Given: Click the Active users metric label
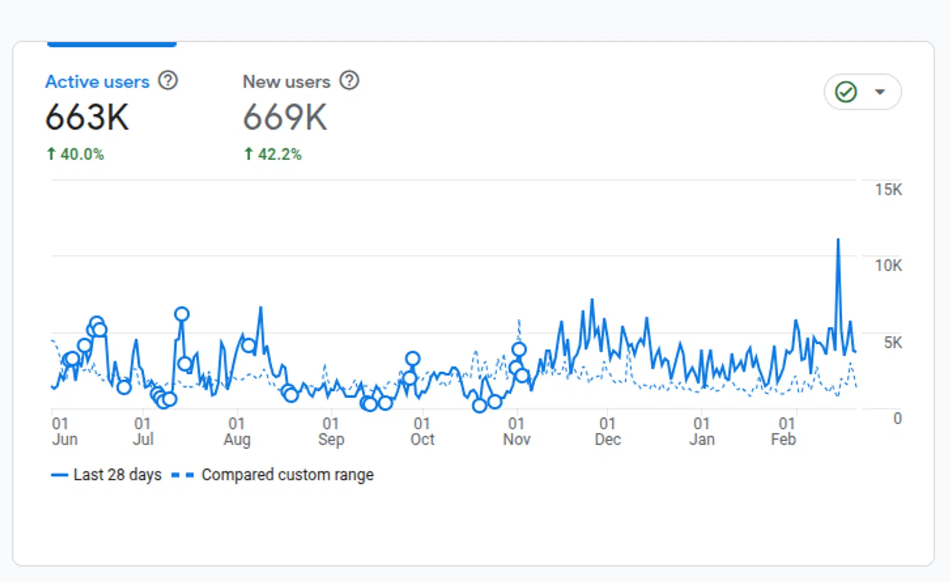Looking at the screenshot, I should coord(97,82).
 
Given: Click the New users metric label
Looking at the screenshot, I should coord(286,82).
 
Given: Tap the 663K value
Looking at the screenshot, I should coord(87,117).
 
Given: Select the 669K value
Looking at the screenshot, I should coord(285,117).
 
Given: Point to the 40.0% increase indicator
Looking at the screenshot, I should coord(76,154).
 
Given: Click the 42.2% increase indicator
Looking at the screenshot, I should coord(273,154).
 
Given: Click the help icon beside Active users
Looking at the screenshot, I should coord(168,80).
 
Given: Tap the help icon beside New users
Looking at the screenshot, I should coord(349,80).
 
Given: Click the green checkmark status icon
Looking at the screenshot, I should coord(846,92).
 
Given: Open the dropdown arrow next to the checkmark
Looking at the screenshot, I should coord(879,92).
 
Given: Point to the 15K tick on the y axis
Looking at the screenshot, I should coord(888,189).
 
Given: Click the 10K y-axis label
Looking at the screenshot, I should coord(888,265).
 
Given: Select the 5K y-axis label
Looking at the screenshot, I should coord(892,343).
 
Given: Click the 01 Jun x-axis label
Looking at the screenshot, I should coord(64,431).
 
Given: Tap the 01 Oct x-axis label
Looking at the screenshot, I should coord(422,431).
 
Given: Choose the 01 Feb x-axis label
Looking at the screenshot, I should coord(783,431).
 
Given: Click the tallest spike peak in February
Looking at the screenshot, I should coord(838,240).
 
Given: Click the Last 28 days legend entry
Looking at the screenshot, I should coord(107,475).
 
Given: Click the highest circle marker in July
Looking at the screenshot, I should coord(182,314).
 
